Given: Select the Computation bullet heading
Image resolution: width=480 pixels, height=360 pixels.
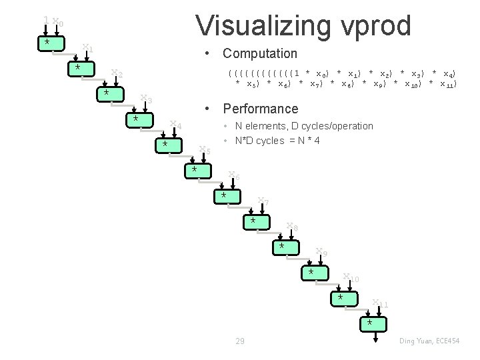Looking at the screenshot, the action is [x=260, y=53].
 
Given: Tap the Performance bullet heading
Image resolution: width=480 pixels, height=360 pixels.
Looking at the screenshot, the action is [x=261, y=108].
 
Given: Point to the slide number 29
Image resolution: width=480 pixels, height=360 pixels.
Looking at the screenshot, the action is [x=239, y=341].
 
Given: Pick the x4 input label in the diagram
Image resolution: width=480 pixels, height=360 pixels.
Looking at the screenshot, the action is [x=175, y=124].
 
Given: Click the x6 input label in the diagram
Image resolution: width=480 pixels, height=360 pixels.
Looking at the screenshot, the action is [x=234, y=175].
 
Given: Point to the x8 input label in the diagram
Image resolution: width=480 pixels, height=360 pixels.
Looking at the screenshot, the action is [x=292, y=227].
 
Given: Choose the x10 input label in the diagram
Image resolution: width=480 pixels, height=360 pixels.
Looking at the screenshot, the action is [x=351, y=277].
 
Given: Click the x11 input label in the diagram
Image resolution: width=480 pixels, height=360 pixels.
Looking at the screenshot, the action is [x=380, y=304].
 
